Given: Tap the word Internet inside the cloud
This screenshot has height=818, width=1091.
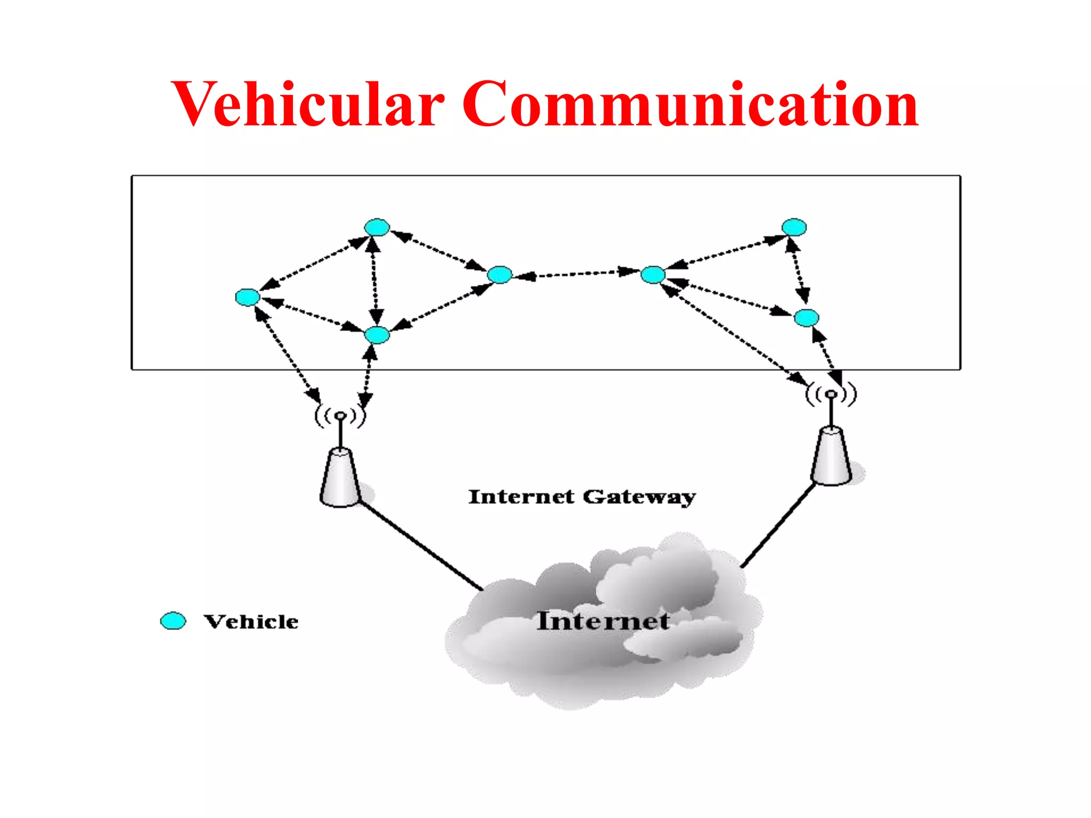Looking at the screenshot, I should [x=603, y=621].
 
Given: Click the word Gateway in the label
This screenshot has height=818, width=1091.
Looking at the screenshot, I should [x=639, y=497].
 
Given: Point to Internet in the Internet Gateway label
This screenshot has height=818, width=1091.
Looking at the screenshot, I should [x=521, y=497].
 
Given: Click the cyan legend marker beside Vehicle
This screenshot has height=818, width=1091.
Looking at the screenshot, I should [x=173, y=621].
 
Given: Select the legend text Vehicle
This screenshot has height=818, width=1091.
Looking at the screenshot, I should [x=251, y=622].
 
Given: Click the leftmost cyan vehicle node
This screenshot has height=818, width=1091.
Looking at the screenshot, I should [x=247, y=297].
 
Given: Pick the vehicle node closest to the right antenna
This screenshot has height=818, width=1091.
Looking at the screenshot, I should [x=806, y=318].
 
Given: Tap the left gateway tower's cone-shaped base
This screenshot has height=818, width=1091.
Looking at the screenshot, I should [x=340, y=478].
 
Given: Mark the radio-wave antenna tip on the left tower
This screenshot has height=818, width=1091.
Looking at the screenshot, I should [x=340, y=416].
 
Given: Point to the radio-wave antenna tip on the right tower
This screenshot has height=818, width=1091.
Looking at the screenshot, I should [x=831, y=395].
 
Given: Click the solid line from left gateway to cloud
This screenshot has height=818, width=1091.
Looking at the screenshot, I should [x=421, y=546].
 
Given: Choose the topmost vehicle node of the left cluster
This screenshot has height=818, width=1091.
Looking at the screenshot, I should [x=377, y=227].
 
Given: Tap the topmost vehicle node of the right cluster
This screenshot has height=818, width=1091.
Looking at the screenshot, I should [x=794, y=227].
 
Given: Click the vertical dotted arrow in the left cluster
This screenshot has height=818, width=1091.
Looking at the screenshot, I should [x=374, y=281].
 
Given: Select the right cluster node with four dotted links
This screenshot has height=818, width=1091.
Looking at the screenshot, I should [x=653, y=275].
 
